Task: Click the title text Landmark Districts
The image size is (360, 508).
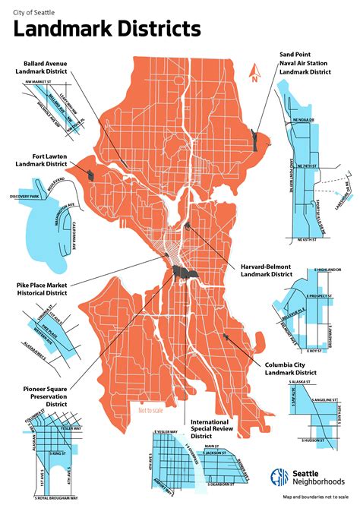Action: click(108, 30)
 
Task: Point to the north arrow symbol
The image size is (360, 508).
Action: click(256, 73)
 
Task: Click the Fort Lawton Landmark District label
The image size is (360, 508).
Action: click(42, 162)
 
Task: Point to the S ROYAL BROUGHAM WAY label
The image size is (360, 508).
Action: click(55, 499)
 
